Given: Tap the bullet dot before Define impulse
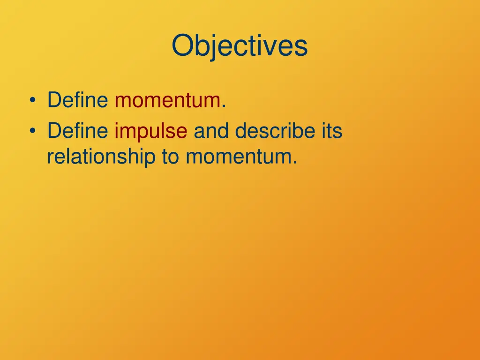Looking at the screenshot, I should (32, 132).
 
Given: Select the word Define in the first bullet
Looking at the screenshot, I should (78, 101).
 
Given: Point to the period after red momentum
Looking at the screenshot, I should (224, 106).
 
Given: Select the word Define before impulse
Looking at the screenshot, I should (78, 132).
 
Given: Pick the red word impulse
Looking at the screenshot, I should (151, 132).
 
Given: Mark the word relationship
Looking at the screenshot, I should (101, 157).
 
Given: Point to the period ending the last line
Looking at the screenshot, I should (295, 162).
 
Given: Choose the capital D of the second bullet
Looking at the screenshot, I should (53, 132).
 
